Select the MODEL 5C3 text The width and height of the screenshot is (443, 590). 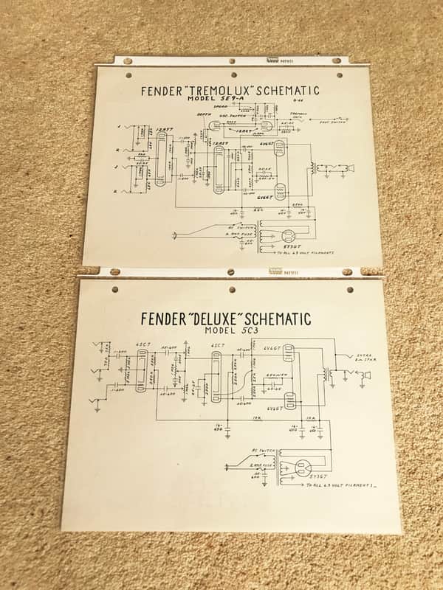tap(224, 331)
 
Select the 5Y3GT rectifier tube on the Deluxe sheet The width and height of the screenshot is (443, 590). tap(302, 468)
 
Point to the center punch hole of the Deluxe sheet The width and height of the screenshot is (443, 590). tap(231, 290)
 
